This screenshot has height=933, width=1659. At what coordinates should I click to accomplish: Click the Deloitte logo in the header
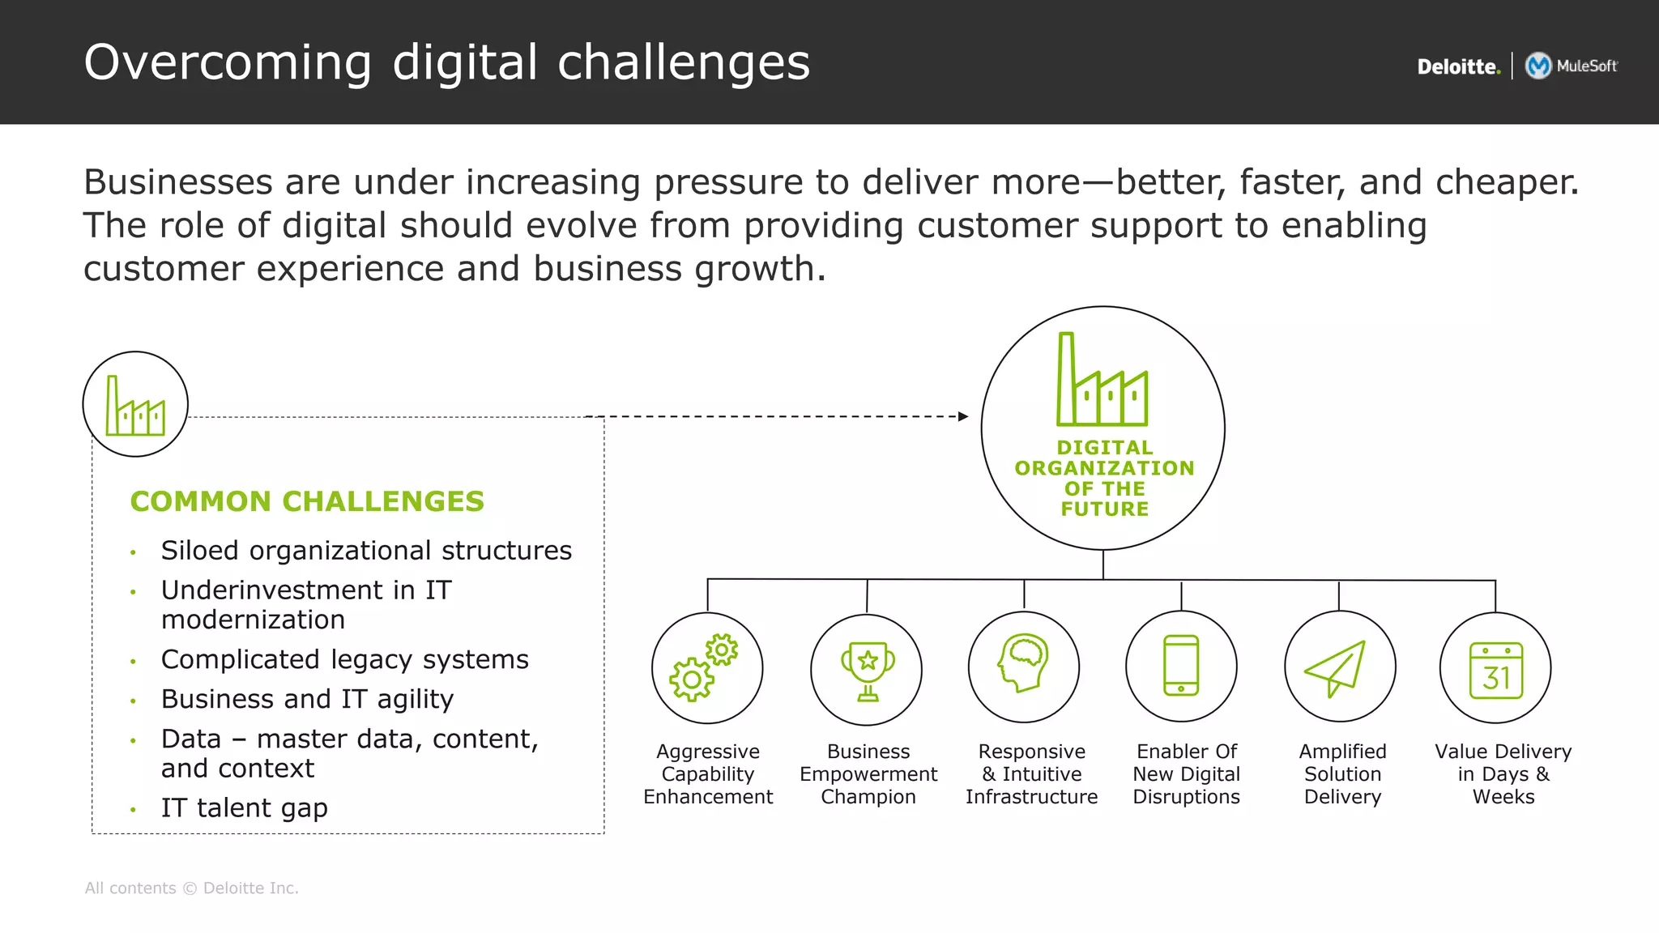click(x=1458, y=66)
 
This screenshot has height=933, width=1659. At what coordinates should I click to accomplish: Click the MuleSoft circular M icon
click(x=1537, y=66)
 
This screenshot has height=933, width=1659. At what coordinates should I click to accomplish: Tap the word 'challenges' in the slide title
click(x=684, y=62)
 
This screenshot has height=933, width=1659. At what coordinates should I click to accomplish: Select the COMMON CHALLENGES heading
click(x=307, y=501)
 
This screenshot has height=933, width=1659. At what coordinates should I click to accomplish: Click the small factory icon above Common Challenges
click(x=135, y=405)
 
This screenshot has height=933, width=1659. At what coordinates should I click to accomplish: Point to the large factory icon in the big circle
click(x=1102, y=381)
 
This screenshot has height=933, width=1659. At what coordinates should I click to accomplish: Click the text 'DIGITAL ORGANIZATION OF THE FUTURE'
click(x=1104, y=478)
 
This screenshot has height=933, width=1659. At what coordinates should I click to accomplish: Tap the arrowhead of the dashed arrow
click(x=963, y=416)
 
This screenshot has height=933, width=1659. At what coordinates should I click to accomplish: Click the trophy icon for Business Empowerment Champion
click(x=868, y=671)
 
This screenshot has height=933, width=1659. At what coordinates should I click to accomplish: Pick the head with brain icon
click(x=1023, y=662)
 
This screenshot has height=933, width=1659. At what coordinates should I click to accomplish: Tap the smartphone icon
click(x=1181, y=665)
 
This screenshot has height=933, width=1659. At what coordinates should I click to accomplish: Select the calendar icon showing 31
click(x=1496, y=671)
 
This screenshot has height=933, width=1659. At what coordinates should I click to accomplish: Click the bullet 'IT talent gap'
click(x=244, y=807)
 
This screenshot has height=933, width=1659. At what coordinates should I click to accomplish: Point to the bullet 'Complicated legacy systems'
click(x=344, y=659)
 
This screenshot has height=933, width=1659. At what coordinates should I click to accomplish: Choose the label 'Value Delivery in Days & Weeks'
click(x=1503, y=773)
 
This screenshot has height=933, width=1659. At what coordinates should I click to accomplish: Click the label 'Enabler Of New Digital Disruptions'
click(x=1186, y=773)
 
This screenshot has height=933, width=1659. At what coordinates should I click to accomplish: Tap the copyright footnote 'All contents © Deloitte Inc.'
click(x=191, y=888)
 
